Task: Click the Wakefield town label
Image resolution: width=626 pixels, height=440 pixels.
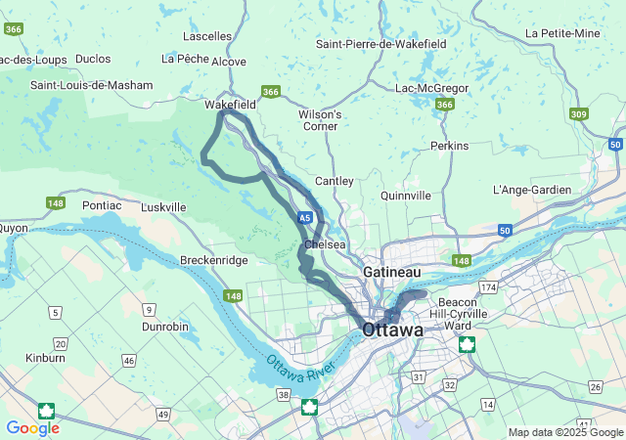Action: (230, 104)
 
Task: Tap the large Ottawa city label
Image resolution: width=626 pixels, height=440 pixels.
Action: (393, 330)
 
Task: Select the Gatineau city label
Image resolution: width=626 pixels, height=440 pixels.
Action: (391, 270)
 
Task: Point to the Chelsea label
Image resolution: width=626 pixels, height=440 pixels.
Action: (326, 244)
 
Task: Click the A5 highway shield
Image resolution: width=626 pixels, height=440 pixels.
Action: (306, 217)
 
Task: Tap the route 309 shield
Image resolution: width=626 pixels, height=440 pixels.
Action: (579, 113)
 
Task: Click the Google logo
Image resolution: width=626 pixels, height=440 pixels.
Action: (32, 428)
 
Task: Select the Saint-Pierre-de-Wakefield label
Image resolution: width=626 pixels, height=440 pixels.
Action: (381, 44)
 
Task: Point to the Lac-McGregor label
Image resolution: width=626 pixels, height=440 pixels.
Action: (431, 88)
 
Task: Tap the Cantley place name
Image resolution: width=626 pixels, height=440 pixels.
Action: (334, 182)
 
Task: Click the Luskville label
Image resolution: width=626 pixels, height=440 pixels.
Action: (163, 207)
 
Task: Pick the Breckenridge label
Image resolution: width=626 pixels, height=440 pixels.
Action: (213, 260)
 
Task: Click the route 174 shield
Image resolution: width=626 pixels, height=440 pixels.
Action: (487, 287)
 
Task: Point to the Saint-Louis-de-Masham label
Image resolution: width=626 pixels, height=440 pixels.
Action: (92, 85)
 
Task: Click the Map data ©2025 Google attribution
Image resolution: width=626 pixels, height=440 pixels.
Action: (563, 432)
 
